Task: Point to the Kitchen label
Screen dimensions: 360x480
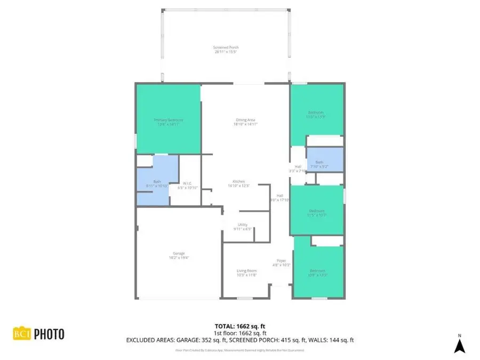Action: click(x=238, y=183)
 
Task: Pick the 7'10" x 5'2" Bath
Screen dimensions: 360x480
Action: click(x=319, y=164)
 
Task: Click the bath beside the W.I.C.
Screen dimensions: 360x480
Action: click(x=157, y=183)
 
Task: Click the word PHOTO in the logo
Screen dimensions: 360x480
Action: click(x=50, y=334)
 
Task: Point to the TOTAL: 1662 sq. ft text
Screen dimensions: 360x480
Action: click(x=239, y=326)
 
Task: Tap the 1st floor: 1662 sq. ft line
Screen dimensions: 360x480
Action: click(x=239, y=333)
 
